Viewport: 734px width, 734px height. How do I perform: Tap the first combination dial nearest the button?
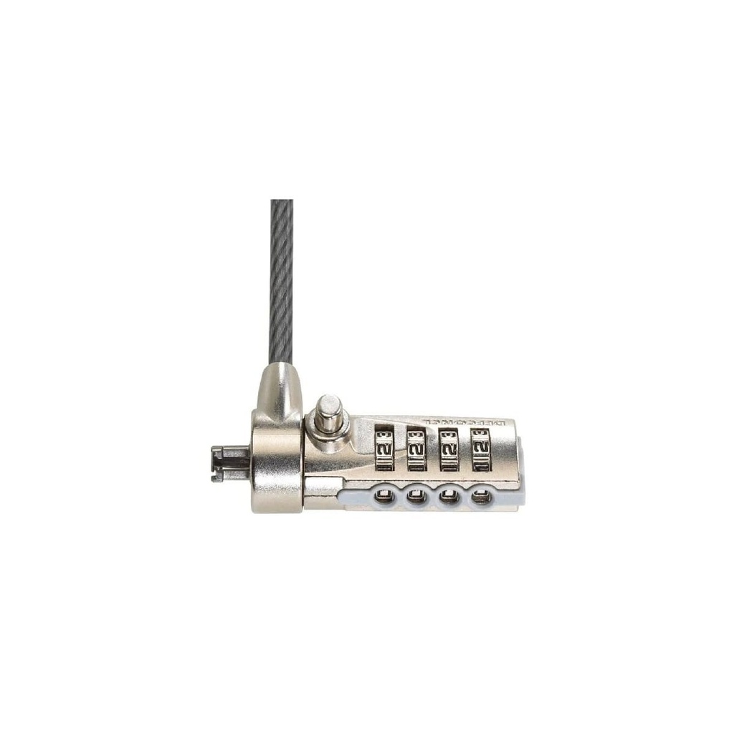384,448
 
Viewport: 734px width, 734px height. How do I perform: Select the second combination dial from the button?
416,449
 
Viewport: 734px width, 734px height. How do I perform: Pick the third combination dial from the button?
449,449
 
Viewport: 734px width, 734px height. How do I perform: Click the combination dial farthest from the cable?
481,449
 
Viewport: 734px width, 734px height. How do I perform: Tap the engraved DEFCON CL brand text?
462,421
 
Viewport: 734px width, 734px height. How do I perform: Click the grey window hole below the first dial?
384,495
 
